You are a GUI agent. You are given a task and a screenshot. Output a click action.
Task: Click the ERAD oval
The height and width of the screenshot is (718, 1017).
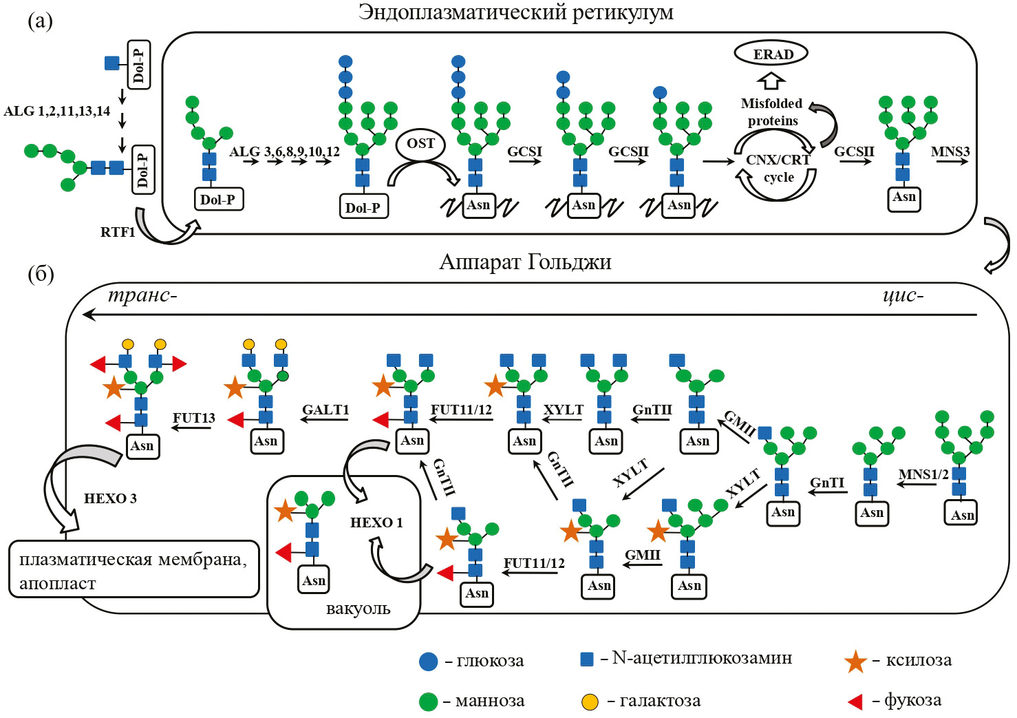pyautogui.click(x=771, y=54)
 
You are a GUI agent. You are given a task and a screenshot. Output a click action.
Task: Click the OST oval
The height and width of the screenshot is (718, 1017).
pyautogui.click(x=420, y=144)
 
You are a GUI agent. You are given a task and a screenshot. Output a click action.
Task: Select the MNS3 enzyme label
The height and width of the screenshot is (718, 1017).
pyautogui.click(x=950, y=151)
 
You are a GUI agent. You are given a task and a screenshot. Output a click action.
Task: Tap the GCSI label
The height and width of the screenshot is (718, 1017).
pyautogui.click(x=524, y=151)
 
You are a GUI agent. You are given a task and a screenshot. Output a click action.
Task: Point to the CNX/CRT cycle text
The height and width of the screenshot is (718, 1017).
pyautogui.click(x=778, y=168)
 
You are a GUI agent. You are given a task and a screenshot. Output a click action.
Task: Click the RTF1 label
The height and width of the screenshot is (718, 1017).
pyautogui.click(x=118, y=232)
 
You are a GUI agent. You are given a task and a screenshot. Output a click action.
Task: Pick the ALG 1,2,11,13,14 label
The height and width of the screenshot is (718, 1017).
pyautogui.click(x=57, y=111)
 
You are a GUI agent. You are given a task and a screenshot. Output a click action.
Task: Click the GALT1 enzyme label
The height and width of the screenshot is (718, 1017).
pyautogui.click(x=325, y=410)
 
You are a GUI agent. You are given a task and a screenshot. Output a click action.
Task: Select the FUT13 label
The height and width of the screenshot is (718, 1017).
pyautogui.click(x=193, y=418)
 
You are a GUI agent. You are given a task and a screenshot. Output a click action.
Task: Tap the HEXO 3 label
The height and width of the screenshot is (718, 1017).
pyautogui.click(x=110, y=498)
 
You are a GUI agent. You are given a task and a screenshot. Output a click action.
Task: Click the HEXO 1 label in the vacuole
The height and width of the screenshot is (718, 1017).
pyautogui.click(x=376, y=522)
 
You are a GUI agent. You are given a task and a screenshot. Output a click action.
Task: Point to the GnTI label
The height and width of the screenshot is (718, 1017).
pyautogui.click(x=827, y=483)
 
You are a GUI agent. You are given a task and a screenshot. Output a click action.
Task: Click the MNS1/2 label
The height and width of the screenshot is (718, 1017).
pyautogui.click(x=923, y=474)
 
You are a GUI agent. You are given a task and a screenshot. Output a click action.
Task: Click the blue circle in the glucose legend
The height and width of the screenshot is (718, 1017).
pyautogui.click(x=429, y=662)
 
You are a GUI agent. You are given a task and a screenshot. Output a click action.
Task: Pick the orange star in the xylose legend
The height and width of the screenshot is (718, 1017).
pyautogui.click(x=855, y=662)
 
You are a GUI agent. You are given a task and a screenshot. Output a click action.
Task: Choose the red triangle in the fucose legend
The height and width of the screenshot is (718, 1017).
pyautogui.click(x=855, y=701)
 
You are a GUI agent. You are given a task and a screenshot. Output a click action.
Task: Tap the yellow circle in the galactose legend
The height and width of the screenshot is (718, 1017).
pyautogui.click(x=590, y=702)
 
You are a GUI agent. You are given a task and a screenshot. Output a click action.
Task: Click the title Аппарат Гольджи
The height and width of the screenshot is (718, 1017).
pyautogui.click(x=525, y=262)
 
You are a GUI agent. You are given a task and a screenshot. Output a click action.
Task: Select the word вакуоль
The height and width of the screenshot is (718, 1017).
pyautogui.click(x=358, y=609)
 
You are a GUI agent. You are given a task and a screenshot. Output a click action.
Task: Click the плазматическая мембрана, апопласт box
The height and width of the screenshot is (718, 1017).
pyautogui.click(x=134, y=569)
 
